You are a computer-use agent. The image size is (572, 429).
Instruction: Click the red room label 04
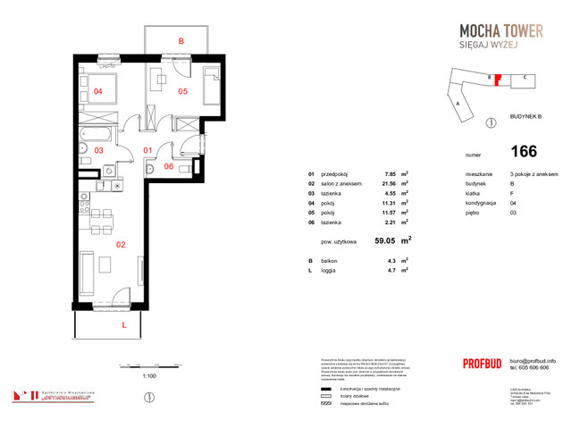tap(97, 91)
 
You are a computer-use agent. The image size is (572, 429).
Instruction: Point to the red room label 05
tap(181, 91)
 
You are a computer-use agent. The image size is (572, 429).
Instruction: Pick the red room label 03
tap(98, 150)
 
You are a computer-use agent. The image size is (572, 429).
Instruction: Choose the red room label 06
tap(169, 166)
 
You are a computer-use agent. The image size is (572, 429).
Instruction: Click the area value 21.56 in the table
tap(389, 183)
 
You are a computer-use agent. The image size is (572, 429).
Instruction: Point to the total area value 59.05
tap(386, 240)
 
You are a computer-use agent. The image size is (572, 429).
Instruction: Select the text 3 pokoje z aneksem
tap(531, 174)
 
